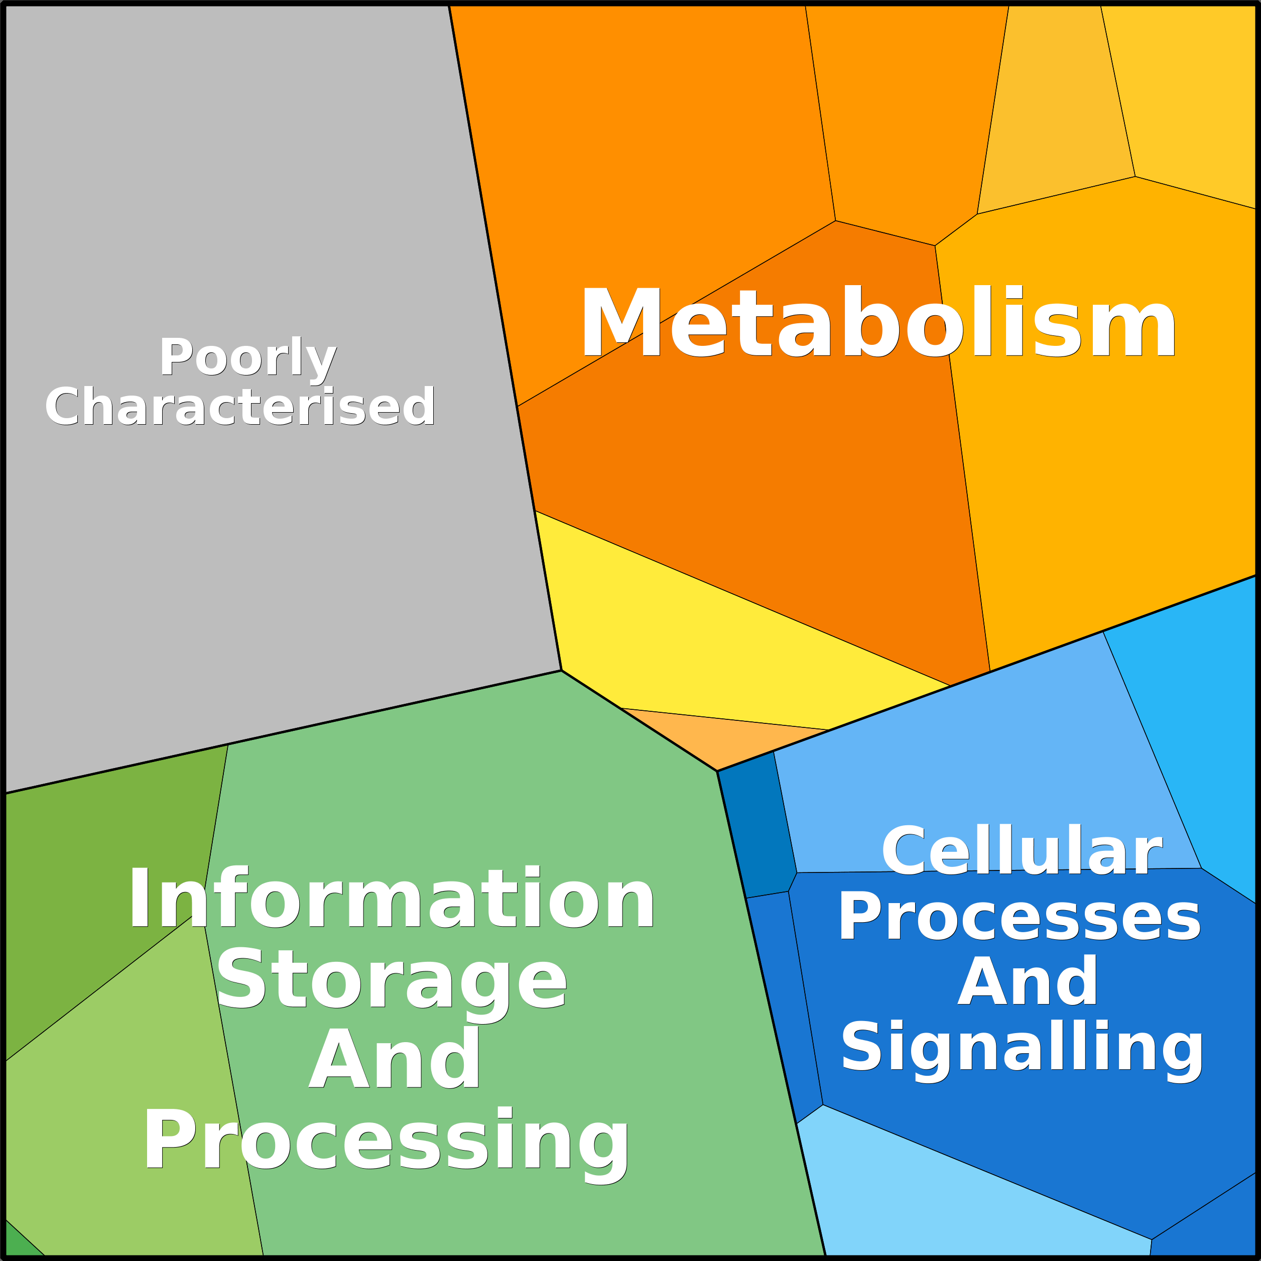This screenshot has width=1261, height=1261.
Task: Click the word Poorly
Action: point(248,358)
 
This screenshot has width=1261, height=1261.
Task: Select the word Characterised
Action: point(240,407)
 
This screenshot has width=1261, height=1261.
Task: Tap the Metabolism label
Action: point(878,322)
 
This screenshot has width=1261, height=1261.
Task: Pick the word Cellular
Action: point(1022,851)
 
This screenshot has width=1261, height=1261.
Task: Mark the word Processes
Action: point(1020,918)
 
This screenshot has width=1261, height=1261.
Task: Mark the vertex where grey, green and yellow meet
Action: point(561,670)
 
